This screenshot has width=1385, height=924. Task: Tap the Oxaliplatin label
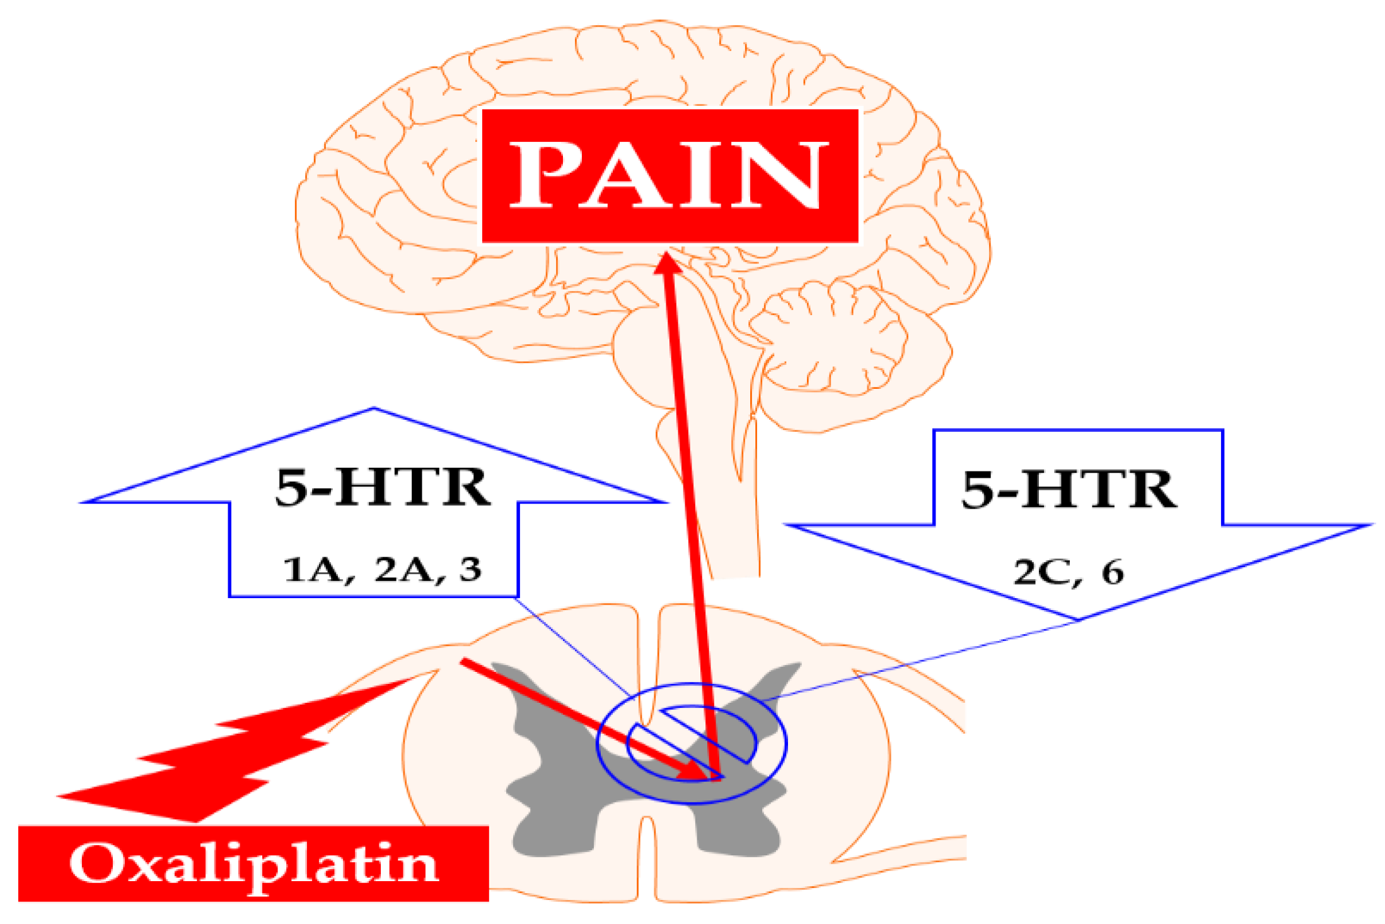(x=253, y=864)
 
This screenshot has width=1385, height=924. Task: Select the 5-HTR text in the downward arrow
(x=1069, y=490)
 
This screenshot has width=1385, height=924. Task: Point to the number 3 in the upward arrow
(x=470, y=569)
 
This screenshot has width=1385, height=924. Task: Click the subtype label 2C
(x=1040, y=572)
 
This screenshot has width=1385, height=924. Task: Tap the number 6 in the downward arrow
(x=1113, y=572)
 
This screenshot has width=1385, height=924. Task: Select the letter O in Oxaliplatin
(x=95, y=863)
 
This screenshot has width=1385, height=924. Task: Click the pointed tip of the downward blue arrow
(x=1079, y=619)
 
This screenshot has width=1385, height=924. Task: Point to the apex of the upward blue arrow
(x=374, y=410)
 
